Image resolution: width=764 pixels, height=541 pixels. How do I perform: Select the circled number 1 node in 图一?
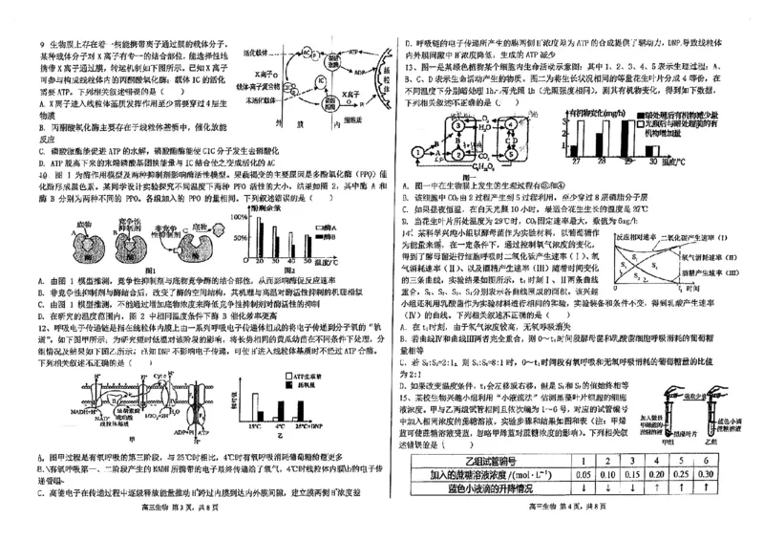tap(416, 152)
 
